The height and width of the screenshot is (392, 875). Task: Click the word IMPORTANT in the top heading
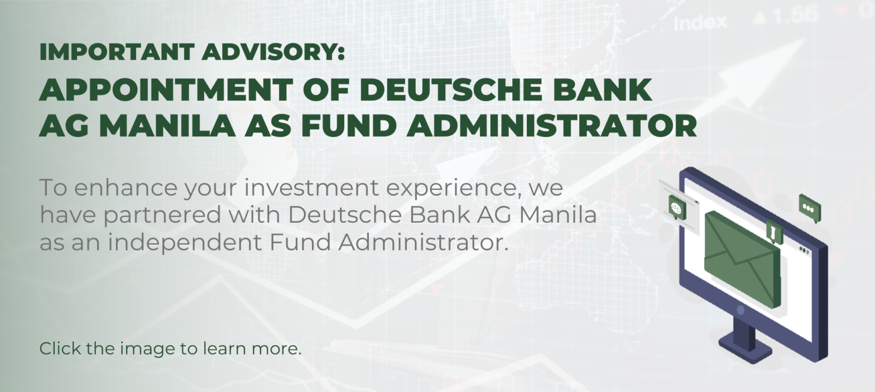[x=117, y=52]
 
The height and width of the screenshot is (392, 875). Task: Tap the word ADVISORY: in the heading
[x=273, y=52]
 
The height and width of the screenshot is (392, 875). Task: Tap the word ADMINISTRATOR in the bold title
[x=551, y=126]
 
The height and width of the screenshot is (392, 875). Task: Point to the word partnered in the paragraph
[x=162, y=216]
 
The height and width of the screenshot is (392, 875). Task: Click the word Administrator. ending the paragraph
[x=424, y=242]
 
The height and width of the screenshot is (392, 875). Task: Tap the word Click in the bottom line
[x=59, y=348]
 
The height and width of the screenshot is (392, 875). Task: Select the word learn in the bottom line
[x=224, y=348]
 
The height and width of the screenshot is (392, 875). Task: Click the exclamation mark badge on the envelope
[x=774, y=232]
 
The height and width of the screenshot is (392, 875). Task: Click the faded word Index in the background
[x=700, y=23]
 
